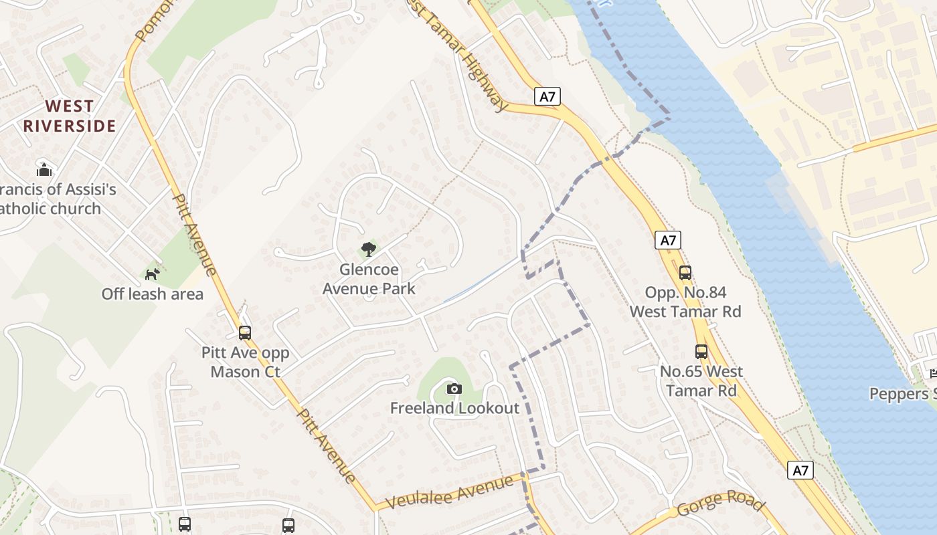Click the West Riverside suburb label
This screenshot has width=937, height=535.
(x=70, y=116)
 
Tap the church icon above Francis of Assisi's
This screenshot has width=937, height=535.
(x=44, y=170)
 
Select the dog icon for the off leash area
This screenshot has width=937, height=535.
(x=153, y=274)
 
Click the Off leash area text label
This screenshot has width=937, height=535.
(x=153, y=294)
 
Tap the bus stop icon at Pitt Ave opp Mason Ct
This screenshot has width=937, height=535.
(x=245, y=332)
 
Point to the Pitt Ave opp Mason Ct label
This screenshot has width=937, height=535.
(x=245, y=362)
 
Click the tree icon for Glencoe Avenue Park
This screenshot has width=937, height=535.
(x=368, y=250)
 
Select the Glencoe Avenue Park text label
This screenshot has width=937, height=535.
(x=369, y=280)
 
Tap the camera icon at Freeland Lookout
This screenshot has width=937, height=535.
(x=454, y=389)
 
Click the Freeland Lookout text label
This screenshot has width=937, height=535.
(x=454, y=408)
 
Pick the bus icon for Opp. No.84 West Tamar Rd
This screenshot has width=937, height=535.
(x=685, y=273)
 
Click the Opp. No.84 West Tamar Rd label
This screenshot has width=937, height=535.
(x=685, y=302)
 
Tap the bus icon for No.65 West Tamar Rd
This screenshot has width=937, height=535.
(x=701, y=352)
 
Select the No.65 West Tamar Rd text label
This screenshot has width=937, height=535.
(x=701, y=381)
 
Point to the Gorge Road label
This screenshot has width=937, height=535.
(x=720, y=503)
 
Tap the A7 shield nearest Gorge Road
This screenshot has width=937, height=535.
(x=800, y=470)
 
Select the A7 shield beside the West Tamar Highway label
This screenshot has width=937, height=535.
(x=547, y=96)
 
